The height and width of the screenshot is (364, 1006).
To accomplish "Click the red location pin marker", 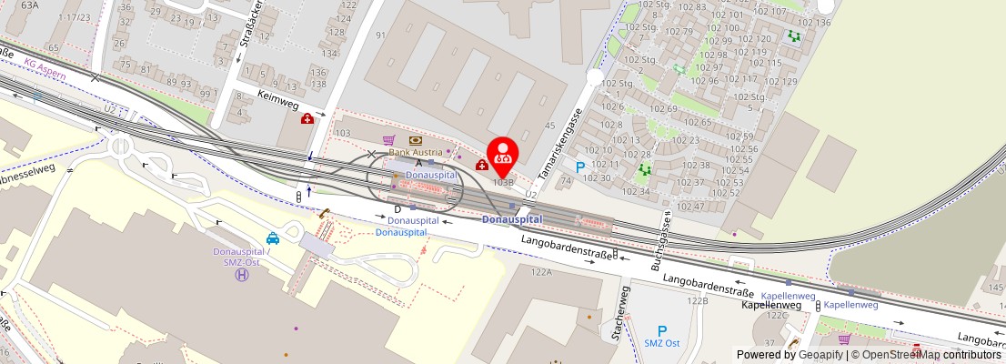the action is click(x=502, y=156).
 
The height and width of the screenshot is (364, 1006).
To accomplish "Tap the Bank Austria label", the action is click(x=416, y=152).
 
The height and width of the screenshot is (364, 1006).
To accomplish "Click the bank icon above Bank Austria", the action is click(x=416, y=140).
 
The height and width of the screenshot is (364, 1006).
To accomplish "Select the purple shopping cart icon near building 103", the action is click(x=388, y=140).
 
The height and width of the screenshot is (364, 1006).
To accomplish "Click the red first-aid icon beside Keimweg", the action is click(x=307, y=118).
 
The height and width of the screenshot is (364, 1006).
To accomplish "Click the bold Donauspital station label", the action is click(x=512, y=219).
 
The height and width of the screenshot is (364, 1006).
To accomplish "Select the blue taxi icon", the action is click(x=273, y=239).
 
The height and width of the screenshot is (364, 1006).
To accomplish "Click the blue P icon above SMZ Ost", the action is click(x=662, y=331).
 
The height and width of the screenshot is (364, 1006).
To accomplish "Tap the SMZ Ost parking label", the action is click(x=662, y=343).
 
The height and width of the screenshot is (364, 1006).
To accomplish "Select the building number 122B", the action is click(x=697, y=300).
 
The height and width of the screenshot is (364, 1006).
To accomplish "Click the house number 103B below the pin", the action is click(x=504, y=182).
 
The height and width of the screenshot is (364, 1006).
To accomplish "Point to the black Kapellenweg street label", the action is click(x=771, y=305).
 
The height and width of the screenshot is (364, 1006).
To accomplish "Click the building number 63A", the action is click(x=30, y=5).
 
